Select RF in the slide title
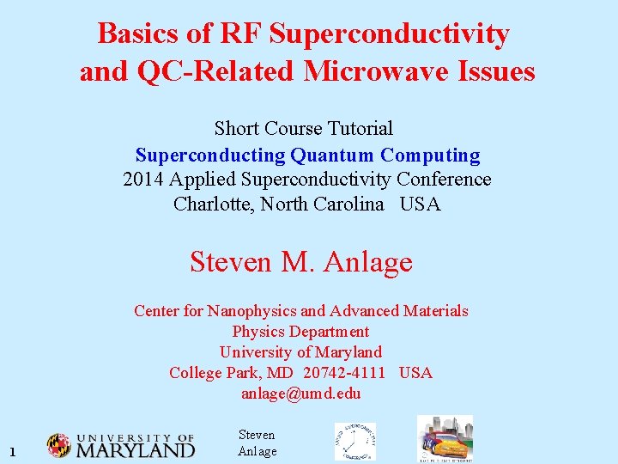(x=241, y=34)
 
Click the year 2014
(x=143, y=180)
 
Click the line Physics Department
(x=300, y=332)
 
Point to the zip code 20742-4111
(x=344, y=373)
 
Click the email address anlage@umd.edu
(x=300, y=394)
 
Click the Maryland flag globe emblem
(x=59, y=445)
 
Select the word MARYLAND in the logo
(x=136, y=449)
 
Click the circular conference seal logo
(x=354, y=441)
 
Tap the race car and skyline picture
(x=444, y=439)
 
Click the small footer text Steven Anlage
(x=257, y=443)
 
